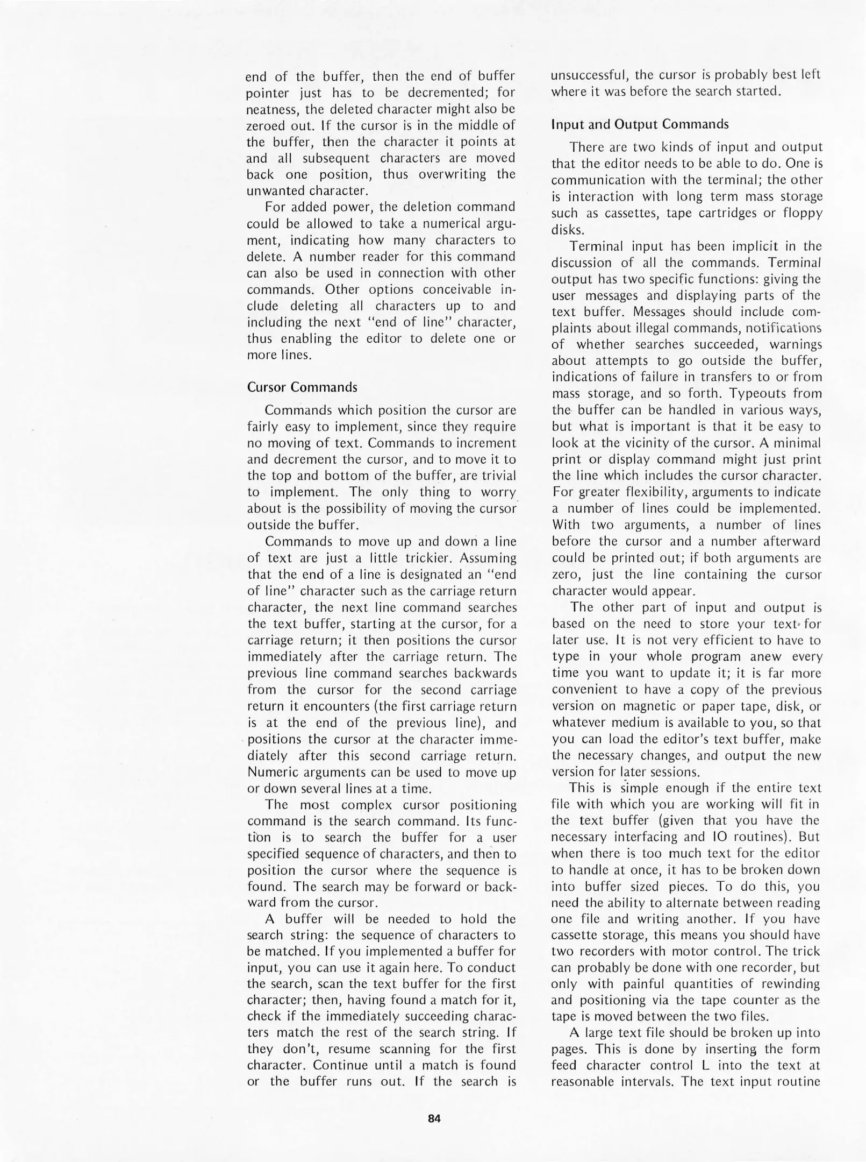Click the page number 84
pyautogui.click(x=434, y=1118)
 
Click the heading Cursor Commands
pyautogui.click(x=302, y=387)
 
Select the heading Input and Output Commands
pyautogui.click(x=640, y=124)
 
